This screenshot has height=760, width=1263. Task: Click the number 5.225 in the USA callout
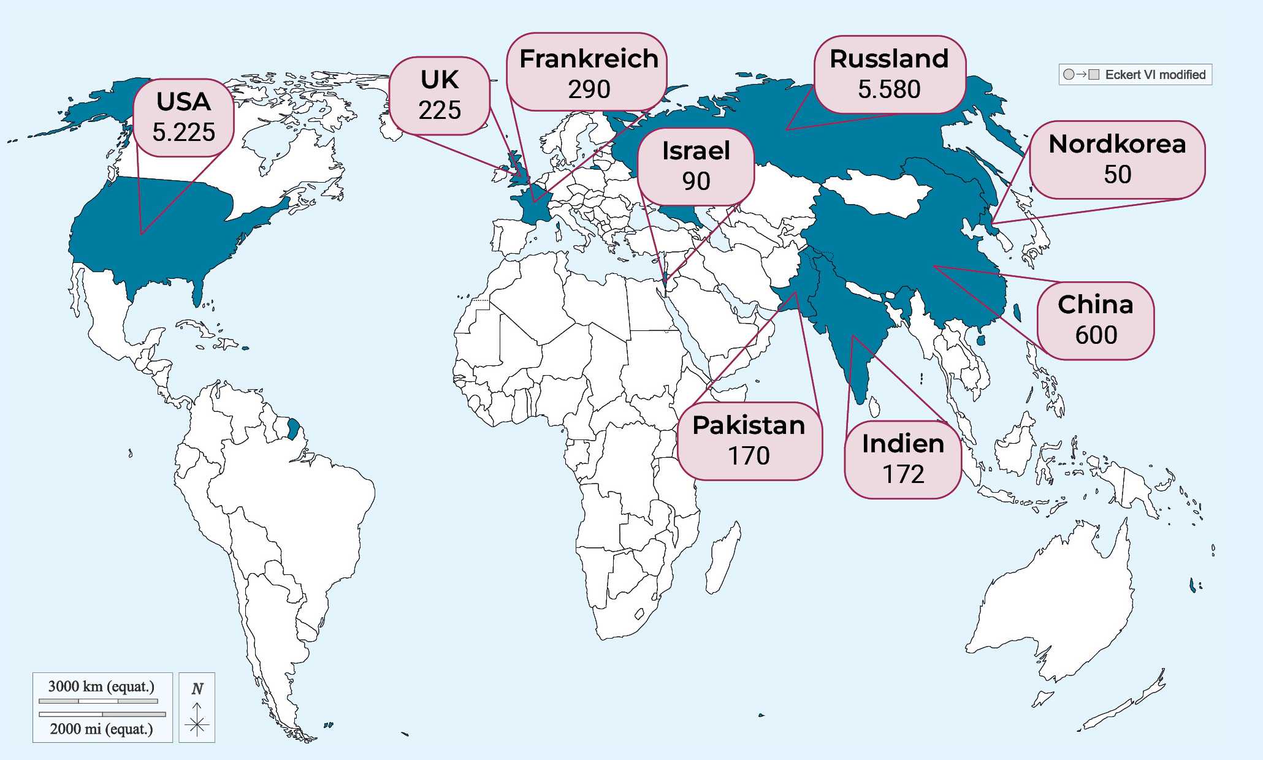click(x=183, y=132)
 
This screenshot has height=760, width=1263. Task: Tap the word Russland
click(x=889, y=59)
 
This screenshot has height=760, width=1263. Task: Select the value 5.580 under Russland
click(x=889, y=89)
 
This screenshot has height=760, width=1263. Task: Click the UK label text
click(x=440, y=80)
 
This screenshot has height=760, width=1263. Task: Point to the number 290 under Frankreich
click(x=589, y=89)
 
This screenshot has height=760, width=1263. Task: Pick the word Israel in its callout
click(x=696, y=151)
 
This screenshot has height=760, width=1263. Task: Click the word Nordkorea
click(x=1117, y=144)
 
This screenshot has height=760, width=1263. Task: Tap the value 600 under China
click(x=1096, y=335)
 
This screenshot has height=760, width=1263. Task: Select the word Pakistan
click(x=749, y=425)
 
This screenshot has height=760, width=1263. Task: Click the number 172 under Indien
click(x=902, y=474)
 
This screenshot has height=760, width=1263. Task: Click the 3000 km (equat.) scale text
click(x=101, y=686)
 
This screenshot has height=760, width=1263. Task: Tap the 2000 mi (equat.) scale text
click(x=101, y=729)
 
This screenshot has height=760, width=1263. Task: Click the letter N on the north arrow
click(x=197, y=689)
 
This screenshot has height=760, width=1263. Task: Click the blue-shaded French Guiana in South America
click(x=294, y=428)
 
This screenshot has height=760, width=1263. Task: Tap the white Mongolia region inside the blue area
click(x=877, y=193)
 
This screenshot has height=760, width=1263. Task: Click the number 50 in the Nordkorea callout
click(x=1117, y=175)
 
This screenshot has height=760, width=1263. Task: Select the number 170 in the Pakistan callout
click(x=749, y=456)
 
